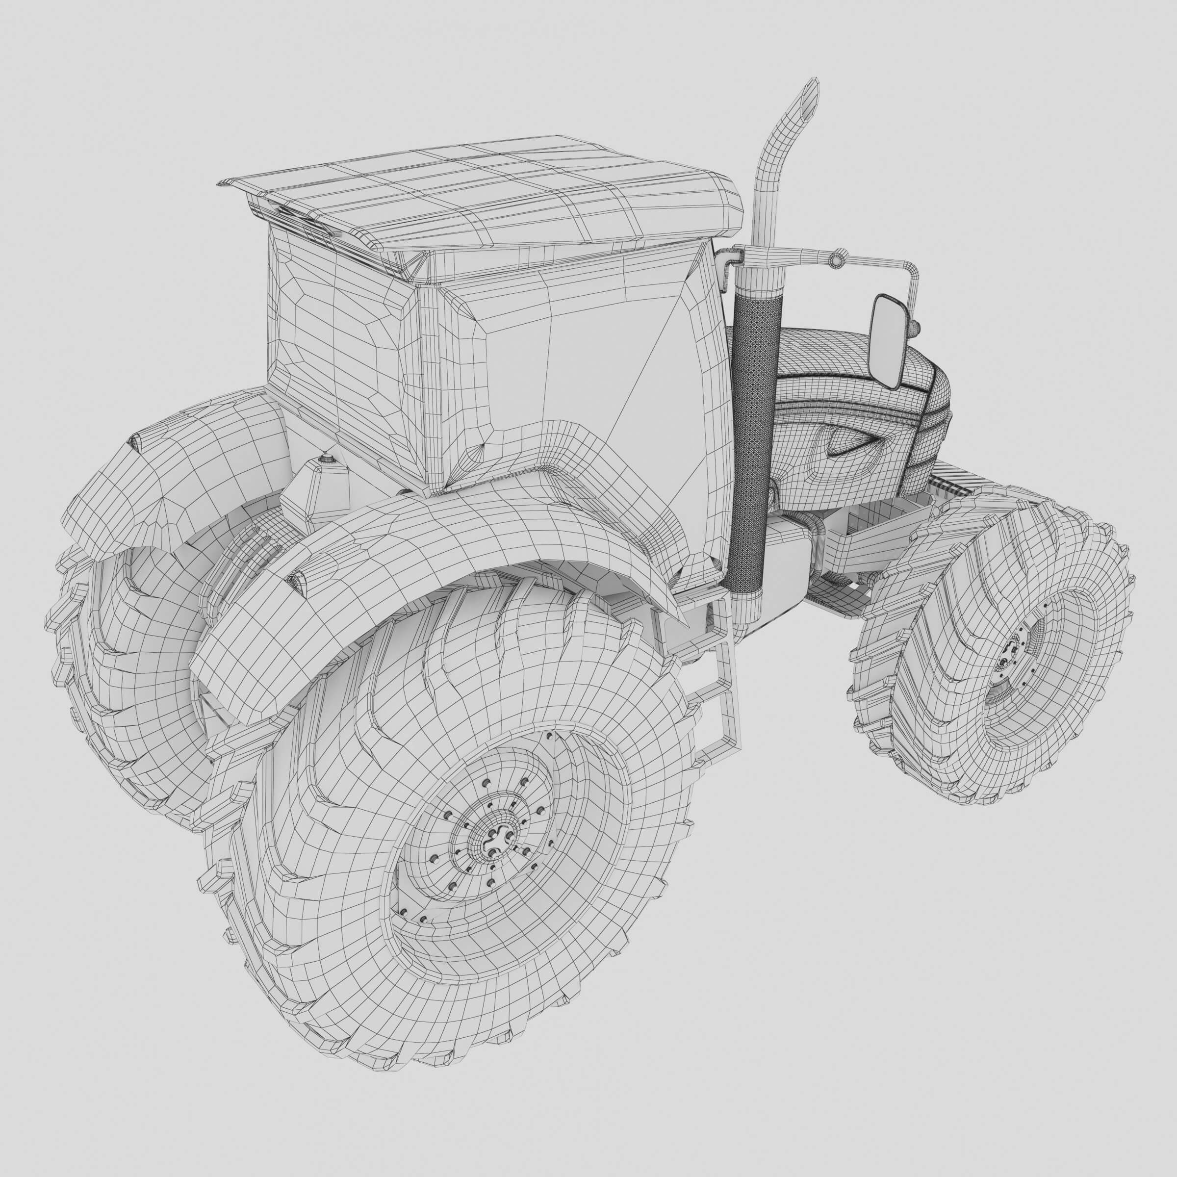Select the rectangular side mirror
pyautogui.click(x=891, y=341)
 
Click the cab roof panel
pyautogui.click(x=487, y=195)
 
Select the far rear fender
pyautogui.click(x=183, y=463)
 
